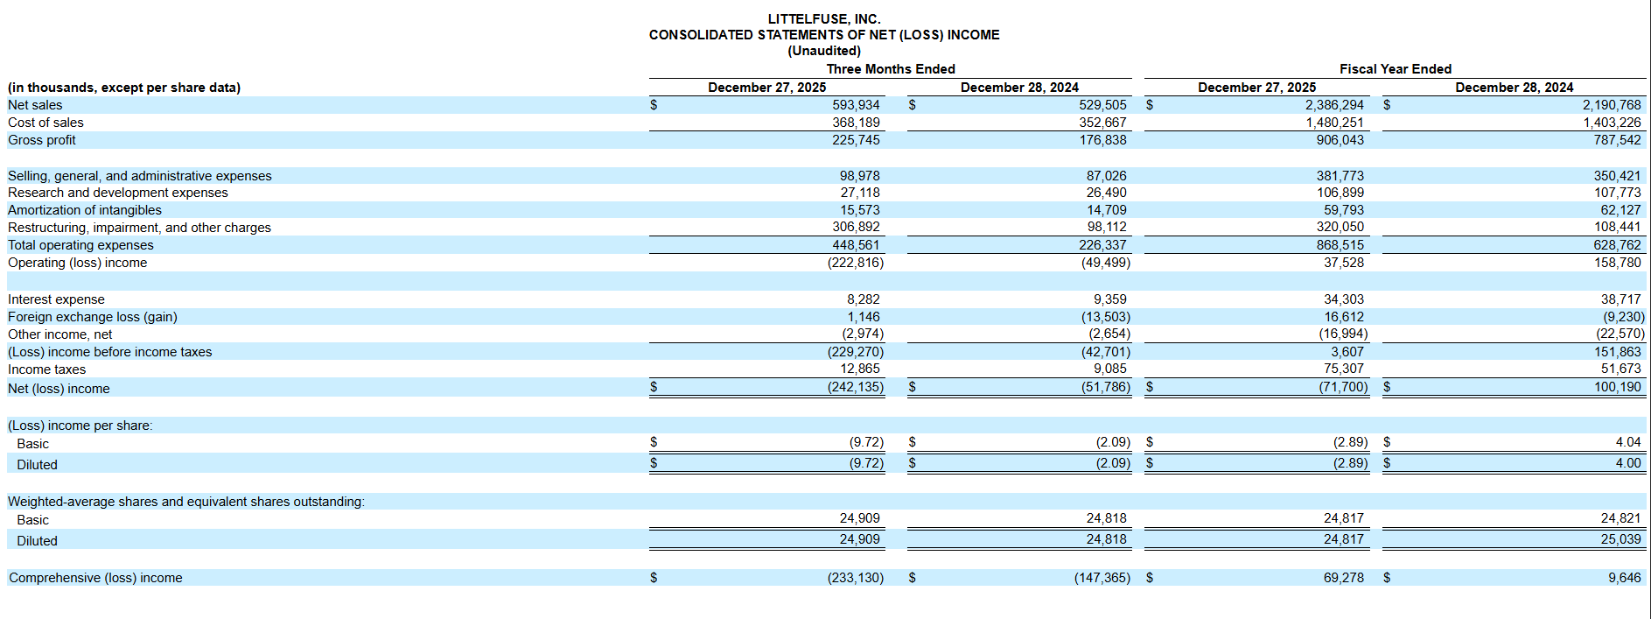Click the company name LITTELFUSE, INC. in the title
824,19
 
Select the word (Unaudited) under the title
824,51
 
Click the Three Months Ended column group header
891,69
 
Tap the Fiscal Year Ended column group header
1396,69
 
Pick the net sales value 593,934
856,105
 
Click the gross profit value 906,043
1340,140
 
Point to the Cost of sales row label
45,123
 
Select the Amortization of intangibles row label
85,210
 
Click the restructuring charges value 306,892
856,227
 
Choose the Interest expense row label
56,299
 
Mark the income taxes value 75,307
1344,369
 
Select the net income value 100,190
1618,387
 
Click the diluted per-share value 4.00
1628,463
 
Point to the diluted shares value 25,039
1621,539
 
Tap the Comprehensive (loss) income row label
95,578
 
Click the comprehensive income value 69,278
1344,578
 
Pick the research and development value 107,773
1618,193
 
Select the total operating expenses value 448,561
856,245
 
